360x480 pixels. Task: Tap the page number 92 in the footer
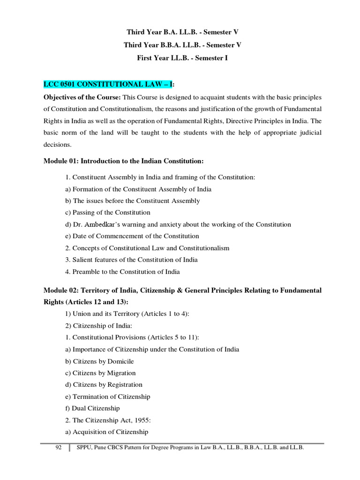(x=59, y=448)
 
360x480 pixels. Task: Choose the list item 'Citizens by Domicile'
(x=104, y=361)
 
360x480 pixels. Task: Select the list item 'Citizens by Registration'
(x=107, y=385)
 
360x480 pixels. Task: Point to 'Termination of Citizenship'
(x=111, y=397)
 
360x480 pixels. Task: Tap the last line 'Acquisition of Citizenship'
(x=110, y=432)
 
